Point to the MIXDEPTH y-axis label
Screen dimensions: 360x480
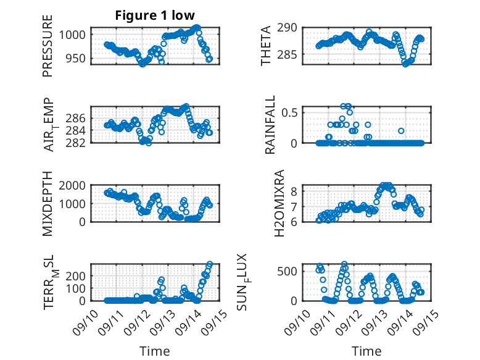pyautogui.click(x=48, y=204)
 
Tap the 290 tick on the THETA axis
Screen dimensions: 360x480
pyautogui.click(x=291, y=28)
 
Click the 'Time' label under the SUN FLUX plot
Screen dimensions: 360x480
pyautogui.click(x=366, y=351)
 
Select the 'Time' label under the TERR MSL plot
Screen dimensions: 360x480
pyautogui.click(x=155, y=351)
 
